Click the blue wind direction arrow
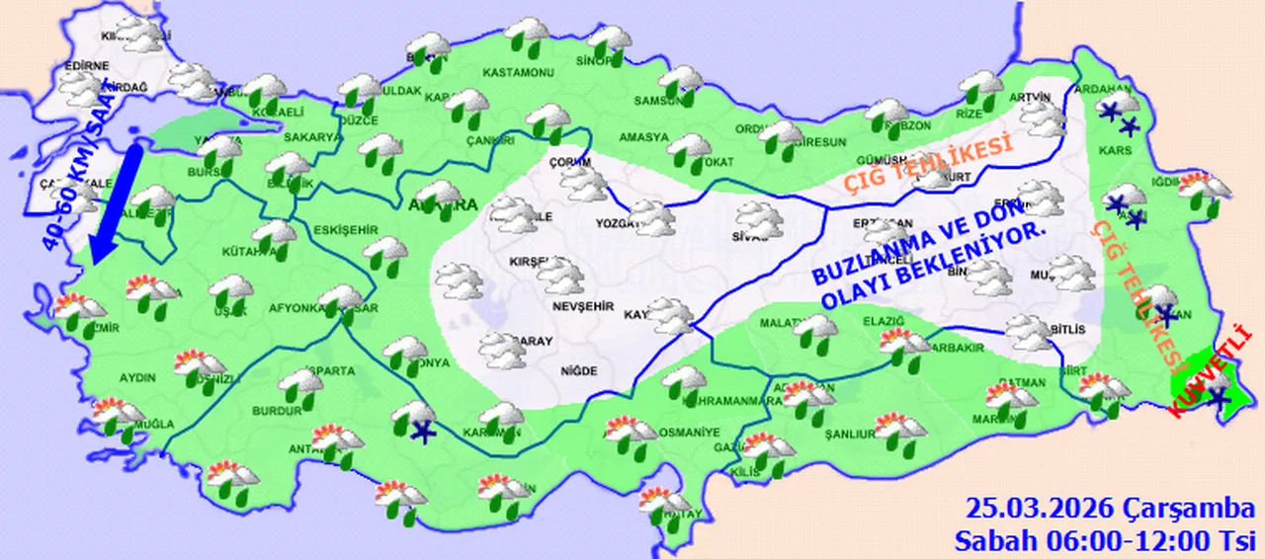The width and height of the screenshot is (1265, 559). coord(115,202)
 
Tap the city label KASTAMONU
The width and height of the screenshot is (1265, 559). coord(518,73)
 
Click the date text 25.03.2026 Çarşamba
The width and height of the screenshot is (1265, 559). coord(1110,509)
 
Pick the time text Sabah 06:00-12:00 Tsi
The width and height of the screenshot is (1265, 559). coord(1104,540)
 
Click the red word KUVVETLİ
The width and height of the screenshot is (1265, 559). coord(1211,374)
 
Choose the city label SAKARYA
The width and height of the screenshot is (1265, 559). coord(317,137)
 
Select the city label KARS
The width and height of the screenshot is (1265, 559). coord(1115,152)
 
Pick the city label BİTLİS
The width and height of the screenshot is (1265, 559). coord(1068,330)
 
